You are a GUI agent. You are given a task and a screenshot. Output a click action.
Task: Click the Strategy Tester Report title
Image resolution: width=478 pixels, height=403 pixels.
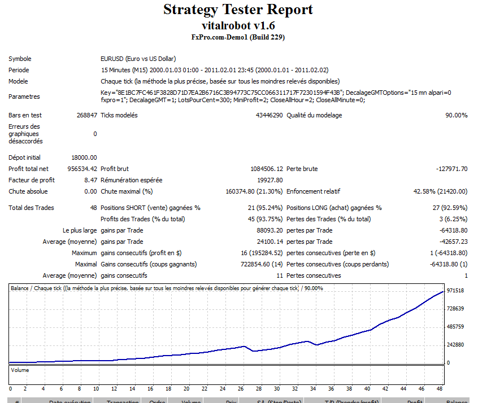(x=238, y=10)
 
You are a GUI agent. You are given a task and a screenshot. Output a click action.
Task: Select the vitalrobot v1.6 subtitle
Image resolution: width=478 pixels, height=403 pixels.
(x=238, y=26)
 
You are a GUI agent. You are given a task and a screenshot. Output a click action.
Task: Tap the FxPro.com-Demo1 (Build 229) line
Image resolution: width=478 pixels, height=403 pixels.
(x=238, y=38)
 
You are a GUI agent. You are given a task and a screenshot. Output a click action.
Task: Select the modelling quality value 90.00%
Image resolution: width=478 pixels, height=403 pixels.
(x=457, y=115)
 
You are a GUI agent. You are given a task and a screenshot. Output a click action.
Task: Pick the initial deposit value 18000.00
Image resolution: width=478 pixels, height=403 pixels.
(x=84, y=157)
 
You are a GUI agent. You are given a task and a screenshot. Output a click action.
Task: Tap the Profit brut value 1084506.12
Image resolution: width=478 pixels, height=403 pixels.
(x=267, y=169)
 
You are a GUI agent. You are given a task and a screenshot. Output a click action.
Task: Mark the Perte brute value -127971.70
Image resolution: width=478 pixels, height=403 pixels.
(x=451, y=169)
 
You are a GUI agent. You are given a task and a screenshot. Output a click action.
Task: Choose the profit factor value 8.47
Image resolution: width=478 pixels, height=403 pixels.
(x=90, y=180)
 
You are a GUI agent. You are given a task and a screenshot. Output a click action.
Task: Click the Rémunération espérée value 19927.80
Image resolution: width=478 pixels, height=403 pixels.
(x=270, y=180)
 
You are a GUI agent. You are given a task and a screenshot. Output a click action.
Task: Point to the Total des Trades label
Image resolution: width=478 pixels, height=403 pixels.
(x=31, y=208)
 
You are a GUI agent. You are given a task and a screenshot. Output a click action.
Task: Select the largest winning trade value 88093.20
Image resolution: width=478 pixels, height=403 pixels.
(x=270, y=230)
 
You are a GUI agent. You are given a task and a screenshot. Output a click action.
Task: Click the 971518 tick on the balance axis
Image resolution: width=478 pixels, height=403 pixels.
(x=455, y=291)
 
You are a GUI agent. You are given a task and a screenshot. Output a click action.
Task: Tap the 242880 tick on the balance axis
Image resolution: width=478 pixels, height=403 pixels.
(x=455, y=345)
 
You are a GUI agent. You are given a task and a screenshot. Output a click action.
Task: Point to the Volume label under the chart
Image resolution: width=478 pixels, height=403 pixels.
(x=20, y=370)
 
